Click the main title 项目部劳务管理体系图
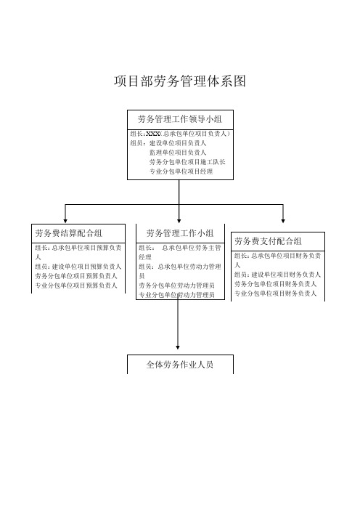pos(180,81)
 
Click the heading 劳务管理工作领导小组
pos(180,119)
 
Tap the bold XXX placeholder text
pos(152,134)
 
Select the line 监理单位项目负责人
pos(178,153)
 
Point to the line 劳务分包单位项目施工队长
pos(187,162)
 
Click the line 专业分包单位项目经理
pos(181,171)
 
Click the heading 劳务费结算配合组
pos(68,233)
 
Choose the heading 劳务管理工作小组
pos(180,233)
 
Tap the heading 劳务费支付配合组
pos(268,241)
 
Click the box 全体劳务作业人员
pos(180,364)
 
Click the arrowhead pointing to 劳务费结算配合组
pos(65,221)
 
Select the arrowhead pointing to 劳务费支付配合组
pos(283,221)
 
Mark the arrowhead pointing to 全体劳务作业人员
pos(178,347)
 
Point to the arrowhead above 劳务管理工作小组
pos(179,221)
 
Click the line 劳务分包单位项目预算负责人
pos(76,276)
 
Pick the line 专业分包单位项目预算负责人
pos(76,286)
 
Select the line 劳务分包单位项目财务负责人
pos(276,284)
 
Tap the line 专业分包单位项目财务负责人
pos(276,294)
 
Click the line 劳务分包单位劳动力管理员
pos(177,286)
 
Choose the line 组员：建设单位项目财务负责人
pos(277,275)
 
